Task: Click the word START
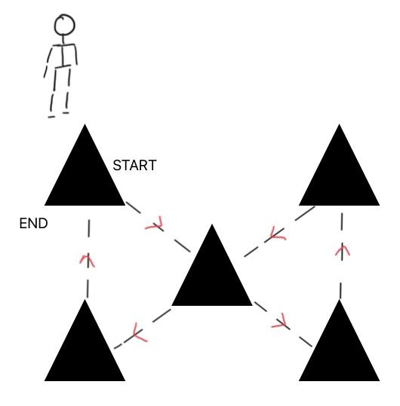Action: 134,165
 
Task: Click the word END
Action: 34,223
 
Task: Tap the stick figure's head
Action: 64,25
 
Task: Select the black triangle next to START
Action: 85,171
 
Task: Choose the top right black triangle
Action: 340,171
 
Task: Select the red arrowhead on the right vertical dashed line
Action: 343,250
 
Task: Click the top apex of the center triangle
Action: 212,224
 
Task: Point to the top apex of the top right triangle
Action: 340,124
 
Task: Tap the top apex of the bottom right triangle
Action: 340,299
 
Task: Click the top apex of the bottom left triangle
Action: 85,299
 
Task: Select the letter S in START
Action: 117,165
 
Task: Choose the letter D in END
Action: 43,223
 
